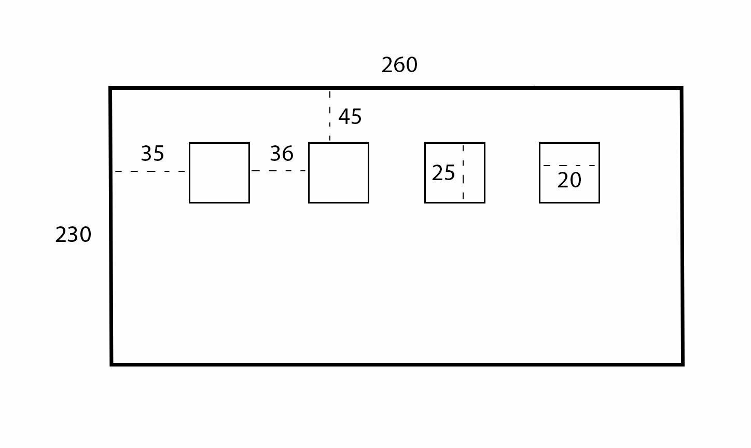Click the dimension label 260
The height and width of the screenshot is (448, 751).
(399, 65)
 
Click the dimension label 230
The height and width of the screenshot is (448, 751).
(73, 235)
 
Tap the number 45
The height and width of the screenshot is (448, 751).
(350, 117)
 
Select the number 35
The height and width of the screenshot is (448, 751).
(152, 154)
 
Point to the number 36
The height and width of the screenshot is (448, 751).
(282, 154)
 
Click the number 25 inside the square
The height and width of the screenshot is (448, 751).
(443, 173)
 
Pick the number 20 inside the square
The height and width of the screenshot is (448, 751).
(569, 181)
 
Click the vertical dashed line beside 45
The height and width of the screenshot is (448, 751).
(330, 116)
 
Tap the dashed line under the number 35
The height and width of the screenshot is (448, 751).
(150, 171)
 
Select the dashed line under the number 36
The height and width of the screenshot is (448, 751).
(279, 171)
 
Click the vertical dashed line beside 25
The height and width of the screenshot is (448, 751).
(463, 172)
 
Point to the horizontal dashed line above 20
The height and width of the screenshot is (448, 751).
(569, 166)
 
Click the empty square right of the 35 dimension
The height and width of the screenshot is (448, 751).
(219, 173)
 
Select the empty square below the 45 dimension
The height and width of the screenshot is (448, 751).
(339, 173)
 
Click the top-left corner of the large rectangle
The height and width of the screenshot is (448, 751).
(110, 88)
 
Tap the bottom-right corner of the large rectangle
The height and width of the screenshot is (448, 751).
(683, 364)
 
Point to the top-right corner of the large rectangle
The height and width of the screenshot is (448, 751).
(682, 88)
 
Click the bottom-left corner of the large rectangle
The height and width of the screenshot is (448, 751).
(112, 364)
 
